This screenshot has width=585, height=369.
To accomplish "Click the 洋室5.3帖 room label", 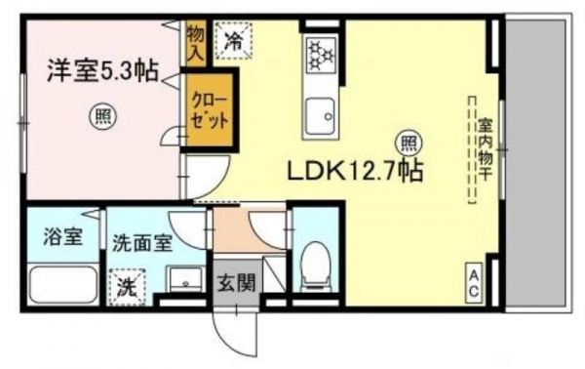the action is coord(102,71).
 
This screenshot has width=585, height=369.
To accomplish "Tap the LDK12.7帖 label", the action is coord(354,172).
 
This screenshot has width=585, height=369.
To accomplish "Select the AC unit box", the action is coord(474,283).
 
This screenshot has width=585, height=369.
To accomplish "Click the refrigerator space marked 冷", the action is coord(234,40).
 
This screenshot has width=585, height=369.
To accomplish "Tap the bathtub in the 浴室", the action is coord(62,284).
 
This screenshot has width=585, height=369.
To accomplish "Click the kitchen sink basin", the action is coord(320,115).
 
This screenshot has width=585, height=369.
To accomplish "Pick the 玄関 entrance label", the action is coord(237,283).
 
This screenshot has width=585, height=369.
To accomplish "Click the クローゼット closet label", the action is coord(210,110).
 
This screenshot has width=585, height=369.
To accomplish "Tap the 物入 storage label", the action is coord(196,43).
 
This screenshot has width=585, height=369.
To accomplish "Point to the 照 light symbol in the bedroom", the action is coord(102,116).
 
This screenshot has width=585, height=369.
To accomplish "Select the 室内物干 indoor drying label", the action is coord(485,150).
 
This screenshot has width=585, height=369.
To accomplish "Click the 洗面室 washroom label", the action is coord(142,243).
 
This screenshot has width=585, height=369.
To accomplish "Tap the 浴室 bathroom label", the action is coord(62,237).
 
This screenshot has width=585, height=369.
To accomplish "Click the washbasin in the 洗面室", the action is coord(185,280).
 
